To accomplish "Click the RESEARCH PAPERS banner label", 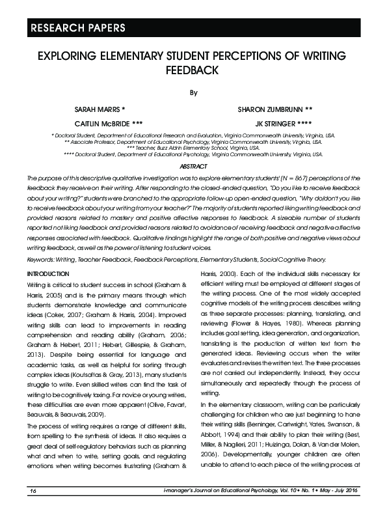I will pyautogui.click(x=72, y=28).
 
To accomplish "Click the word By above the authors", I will pyautogui.click(x=193, y=92).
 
